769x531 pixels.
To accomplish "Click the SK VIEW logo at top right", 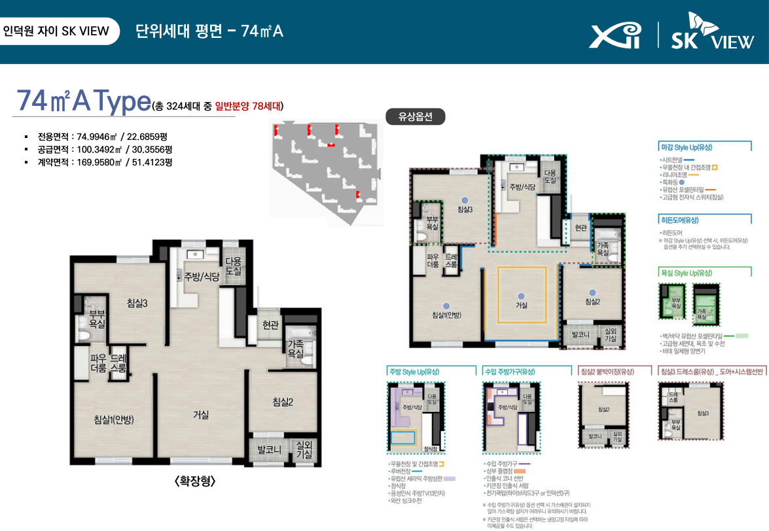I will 712,34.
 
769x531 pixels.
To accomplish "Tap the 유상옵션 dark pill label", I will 416,116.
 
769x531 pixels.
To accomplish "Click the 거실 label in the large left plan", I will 201,414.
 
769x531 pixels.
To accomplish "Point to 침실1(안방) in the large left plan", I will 114,419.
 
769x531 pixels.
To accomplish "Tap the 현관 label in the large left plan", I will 270,325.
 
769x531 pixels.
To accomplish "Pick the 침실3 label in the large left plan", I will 137,303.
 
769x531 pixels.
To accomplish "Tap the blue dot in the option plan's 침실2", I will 592,292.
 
